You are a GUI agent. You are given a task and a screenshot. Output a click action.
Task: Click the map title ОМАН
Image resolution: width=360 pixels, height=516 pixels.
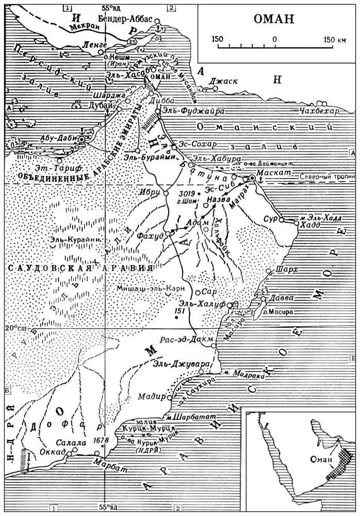[x=274, y=20]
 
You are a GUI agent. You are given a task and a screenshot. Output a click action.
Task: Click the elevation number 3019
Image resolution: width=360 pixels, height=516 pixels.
[x=185, y=193]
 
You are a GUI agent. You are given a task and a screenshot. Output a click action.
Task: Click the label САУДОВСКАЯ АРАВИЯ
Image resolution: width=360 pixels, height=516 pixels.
[x=80, y=269]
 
